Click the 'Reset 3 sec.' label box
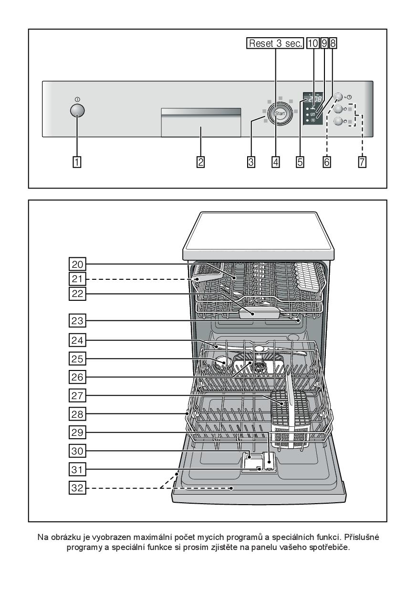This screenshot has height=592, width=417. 275,43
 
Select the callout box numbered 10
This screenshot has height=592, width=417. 313,43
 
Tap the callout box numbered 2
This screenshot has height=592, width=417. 200,162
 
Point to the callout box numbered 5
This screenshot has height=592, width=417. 300,162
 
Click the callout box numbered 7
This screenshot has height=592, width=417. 362,162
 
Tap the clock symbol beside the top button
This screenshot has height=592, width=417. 349,97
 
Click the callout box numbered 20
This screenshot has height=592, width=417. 77,264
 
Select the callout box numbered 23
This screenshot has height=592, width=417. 77,320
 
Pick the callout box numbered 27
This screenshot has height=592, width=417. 77,396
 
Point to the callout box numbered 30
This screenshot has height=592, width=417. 77,451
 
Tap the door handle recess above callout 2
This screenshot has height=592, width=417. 201,122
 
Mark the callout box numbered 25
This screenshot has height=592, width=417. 77,359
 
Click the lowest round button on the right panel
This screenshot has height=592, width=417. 338,121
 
